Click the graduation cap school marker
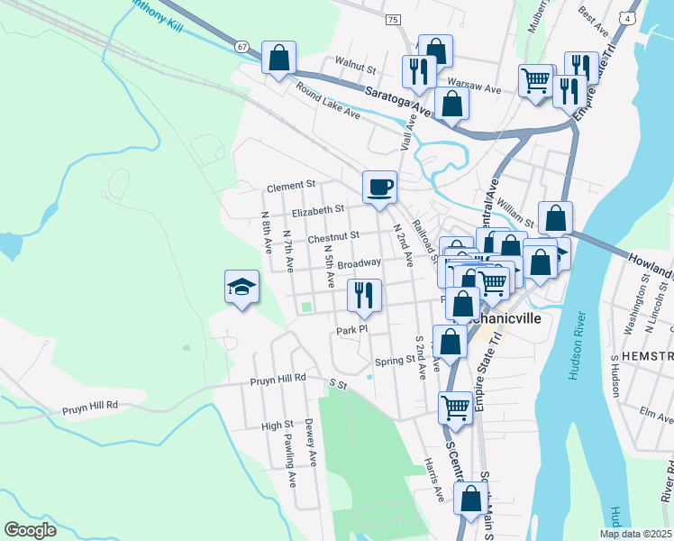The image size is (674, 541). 241,288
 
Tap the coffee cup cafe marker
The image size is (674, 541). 379,188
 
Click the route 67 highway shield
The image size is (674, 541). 241,45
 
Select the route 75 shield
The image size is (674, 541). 392,19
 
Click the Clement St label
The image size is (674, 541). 290,187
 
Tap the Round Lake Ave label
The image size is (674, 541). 328,105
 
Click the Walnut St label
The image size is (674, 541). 355,66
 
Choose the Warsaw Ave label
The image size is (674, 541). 473,89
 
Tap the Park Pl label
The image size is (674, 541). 351,330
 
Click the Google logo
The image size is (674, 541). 30,530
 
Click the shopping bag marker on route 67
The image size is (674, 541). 279,58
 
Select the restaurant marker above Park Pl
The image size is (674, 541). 364,296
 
